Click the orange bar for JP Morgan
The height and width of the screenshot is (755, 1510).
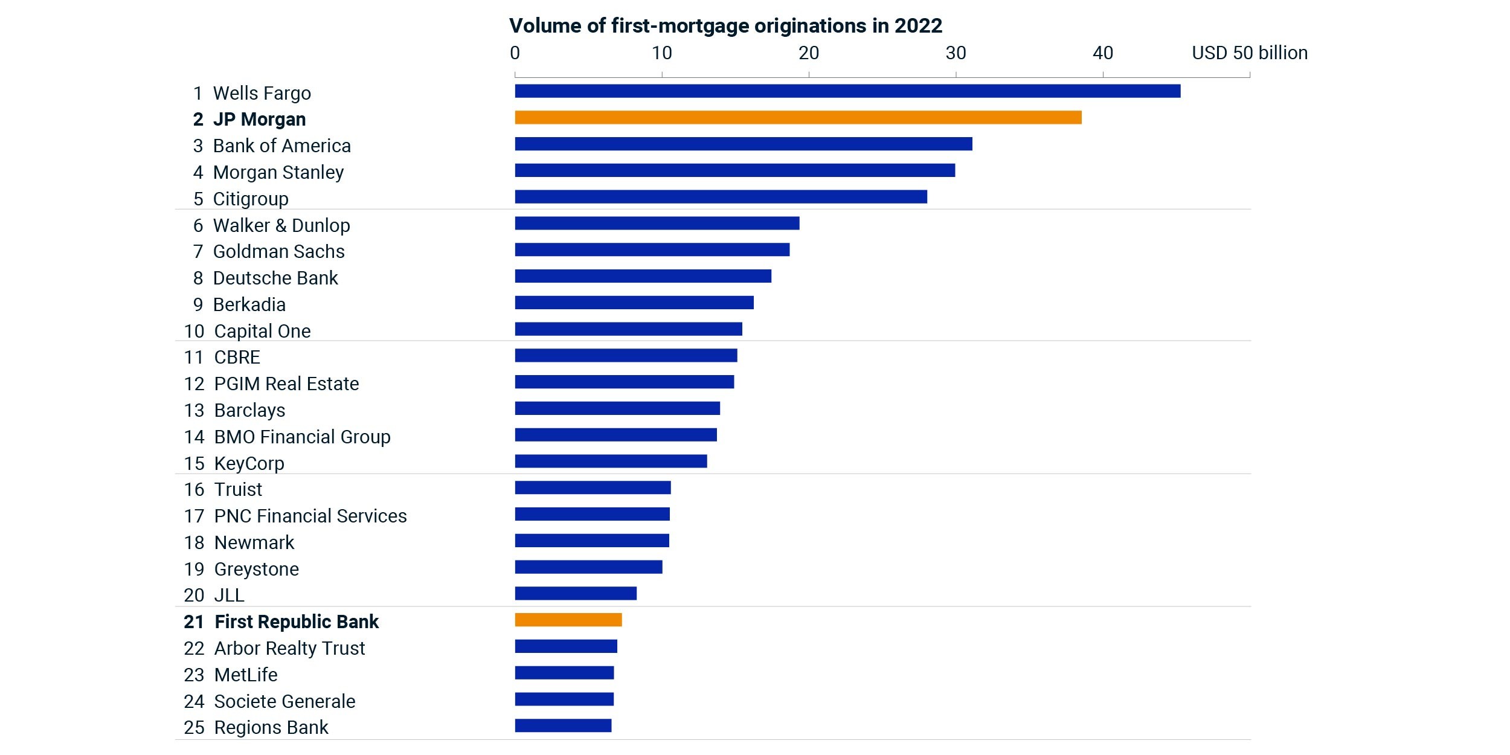(798, 117)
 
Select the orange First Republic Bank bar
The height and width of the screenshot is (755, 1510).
(568, 620)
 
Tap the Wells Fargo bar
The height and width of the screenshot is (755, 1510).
(847, 91)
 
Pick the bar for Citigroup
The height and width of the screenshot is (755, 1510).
(721, 197)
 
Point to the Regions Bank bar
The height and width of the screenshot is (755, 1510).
(563, 725)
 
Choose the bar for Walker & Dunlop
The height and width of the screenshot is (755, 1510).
(657, 223)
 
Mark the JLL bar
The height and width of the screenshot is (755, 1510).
(576, 593)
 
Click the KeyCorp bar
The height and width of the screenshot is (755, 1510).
(611, 461)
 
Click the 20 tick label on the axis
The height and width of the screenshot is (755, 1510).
(809, 53)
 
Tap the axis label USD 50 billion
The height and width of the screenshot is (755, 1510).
(1250, 53)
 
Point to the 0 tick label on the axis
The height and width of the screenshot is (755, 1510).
(515, 53)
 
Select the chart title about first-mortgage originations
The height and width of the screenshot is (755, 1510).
(725, 26)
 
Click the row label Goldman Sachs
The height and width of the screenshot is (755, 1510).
(278, 251)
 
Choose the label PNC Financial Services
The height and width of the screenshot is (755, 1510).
(310, 516)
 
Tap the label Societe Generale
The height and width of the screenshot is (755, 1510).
(284, 701)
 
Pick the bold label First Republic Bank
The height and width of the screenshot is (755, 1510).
(297, 622)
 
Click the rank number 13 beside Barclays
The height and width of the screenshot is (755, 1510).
(194, 410)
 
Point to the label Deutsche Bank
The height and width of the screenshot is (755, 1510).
(275, 278)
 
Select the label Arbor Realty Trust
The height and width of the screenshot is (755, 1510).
(289, 648)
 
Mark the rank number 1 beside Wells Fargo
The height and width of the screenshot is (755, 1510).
(198, 93)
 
